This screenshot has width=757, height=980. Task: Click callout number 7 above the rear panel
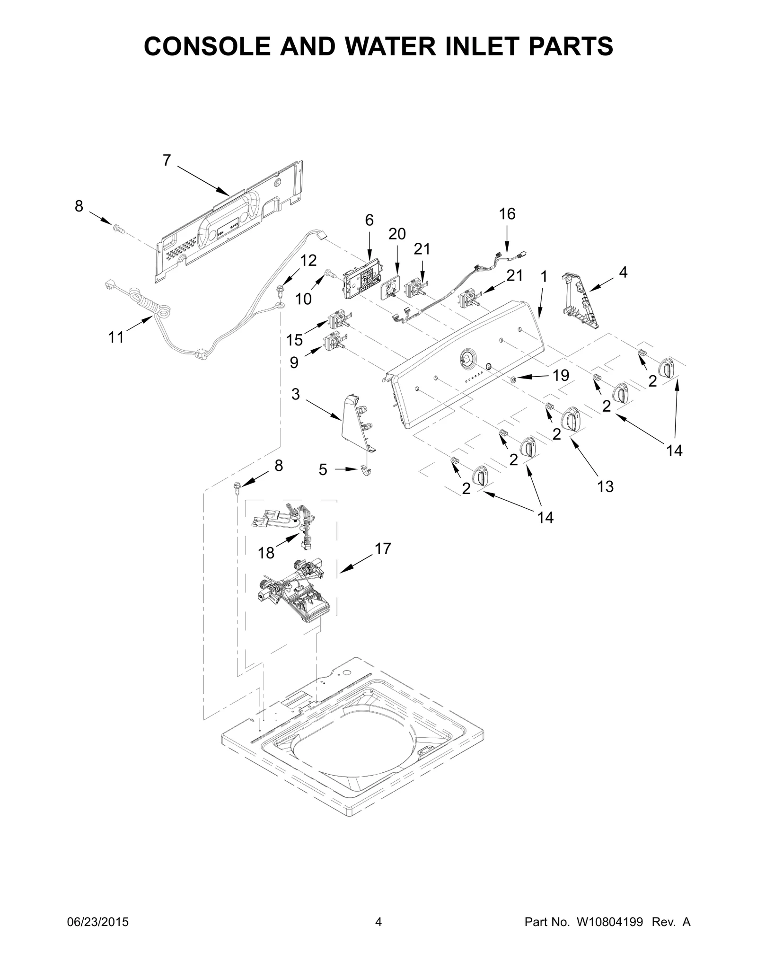[167, 161]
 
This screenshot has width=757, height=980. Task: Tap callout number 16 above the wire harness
[507, 214]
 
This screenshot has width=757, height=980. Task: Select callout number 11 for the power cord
[116, 337]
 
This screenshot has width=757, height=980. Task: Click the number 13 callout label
[605, 486]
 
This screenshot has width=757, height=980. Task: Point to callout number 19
[561, 375]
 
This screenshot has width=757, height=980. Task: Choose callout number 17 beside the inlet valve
[383, 549]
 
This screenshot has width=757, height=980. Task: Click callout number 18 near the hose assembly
[266, 553]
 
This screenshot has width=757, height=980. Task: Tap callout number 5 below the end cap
[323, 470]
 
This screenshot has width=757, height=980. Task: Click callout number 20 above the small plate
[397, 234]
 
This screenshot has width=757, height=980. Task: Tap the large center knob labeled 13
[571, 418]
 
